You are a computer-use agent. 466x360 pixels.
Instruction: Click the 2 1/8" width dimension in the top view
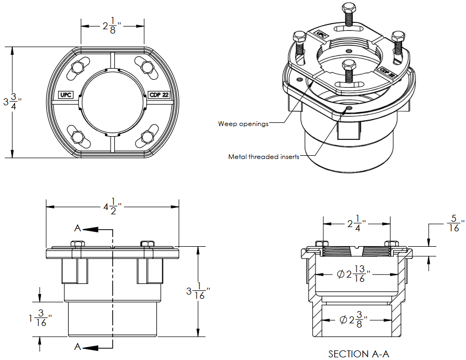point(112,25)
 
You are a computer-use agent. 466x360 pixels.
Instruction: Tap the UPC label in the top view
point(65,95)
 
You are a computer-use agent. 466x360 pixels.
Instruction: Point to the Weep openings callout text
point(243,124)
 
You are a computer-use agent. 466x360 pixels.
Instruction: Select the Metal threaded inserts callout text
point(263,157)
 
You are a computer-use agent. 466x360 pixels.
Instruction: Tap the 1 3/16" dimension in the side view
point(40,320)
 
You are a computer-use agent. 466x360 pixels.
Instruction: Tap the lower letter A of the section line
point(78,347)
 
